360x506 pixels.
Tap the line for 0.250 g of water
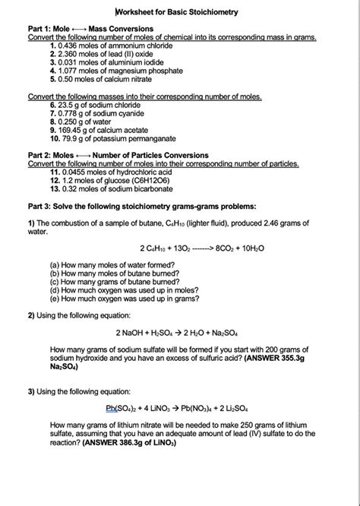(x=84, y=122)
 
